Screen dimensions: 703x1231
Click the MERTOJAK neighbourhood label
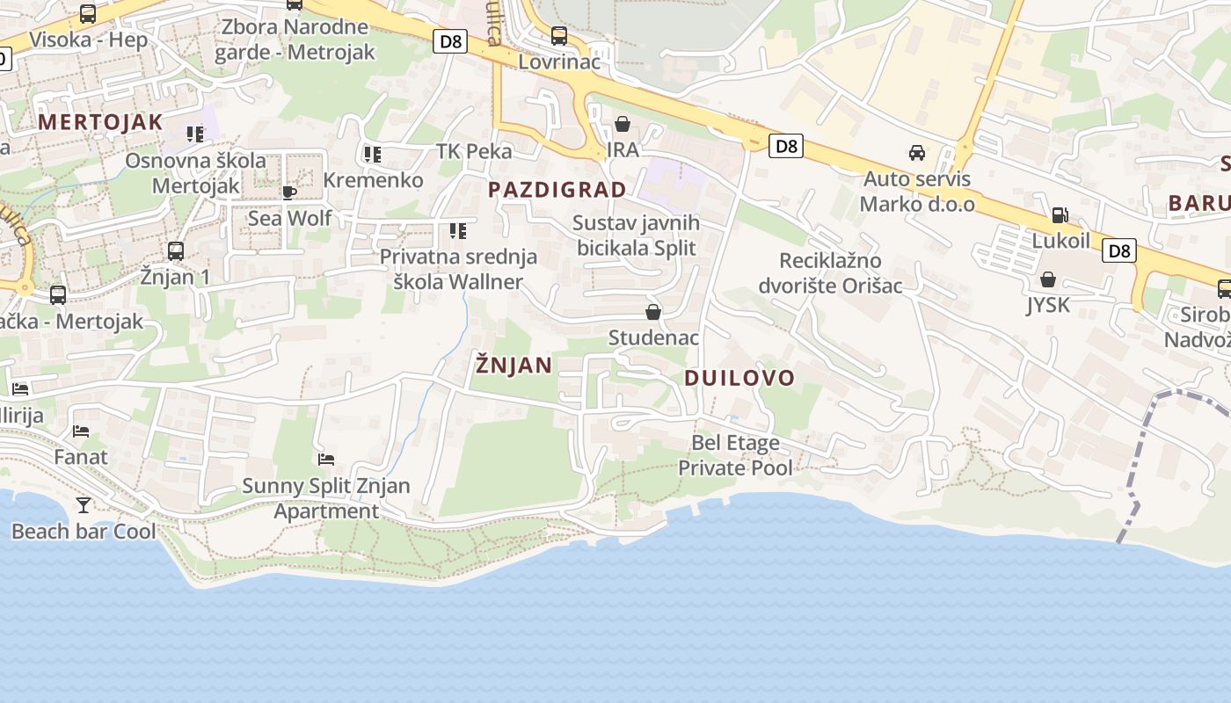[x=100, y=122]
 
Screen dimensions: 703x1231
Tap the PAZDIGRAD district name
[x=557, y=189]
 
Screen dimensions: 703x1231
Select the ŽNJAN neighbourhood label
[x=514, y=365]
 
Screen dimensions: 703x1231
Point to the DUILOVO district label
[x=739, y=378]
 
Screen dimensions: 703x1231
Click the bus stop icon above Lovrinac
[x=559, y=36]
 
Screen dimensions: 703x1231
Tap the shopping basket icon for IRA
[x=623, y=124]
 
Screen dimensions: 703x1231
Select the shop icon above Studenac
[x=653, y=312]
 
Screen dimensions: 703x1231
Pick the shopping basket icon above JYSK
[x=1048, y=280]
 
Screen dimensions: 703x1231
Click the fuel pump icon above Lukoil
[x=1060, y=215]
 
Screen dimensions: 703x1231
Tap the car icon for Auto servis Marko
[x=917, y=153]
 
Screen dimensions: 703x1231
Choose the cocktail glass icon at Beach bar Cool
[x=84, y=505]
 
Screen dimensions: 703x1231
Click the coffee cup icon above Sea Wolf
[x=289, y=192]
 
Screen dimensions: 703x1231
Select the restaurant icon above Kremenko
[x=373, y=155]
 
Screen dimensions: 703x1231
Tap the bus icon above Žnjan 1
[x=176, y=251]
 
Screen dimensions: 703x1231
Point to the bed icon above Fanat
[x=81, y=431]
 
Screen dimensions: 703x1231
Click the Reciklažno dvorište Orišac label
[x=830, y=273]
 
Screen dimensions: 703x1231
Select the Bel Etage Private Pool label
[x=735, y=455]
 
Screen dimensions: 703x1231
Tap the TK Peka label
[x=474, y=151]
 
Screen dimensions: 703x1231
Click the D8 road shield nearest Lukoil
[x=1119, y=250]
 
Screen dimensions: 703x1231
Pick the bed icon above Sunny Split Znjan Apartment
[x=326, y=460]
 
